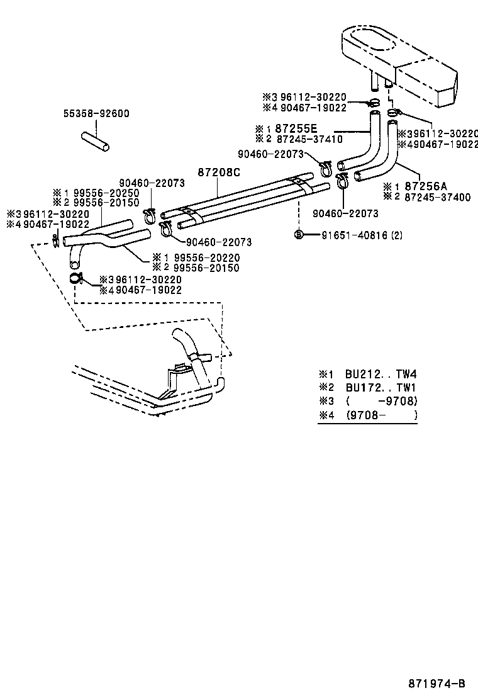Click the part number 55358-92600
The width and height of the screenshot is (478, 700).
(96, 114)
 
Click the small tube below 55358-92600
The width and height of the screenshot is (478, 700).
(94, 140)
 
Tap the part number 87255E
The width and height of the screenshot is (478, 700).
(296, 128)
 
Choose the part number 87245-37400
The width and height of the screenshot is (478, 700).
(438, 197)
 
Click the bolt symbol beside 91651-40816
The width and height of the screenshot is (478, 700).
(299, 235)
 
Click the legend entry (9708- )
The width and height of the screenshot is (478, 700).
(381, 415)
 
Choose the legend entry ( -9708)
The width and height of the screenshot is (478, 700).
(381, 401)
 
